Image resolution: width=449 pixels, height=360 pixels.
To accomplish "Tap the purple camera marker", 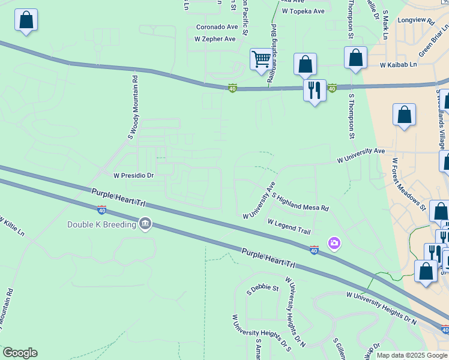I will [334, 243].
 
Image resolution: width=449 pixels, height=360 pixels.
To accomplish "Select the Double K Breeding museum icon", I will [145, 224].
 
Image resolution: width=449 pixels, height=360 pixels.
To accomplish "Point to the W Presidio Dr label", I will [134, 176].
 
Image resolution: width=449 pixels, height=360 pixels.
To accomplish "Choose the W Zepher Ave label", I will [215, 38].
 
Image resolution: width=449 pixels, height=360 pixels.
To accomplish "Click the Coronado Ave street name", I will [217, 27].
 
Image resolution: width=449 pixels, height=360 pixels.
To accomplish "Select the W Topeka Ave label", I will [303, 11].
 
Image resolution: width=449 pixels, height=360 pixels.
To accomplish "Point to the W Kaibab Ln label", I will [398, 64].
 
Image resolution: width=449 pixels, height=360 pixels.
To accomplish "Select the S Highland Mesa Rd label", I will [300, 202].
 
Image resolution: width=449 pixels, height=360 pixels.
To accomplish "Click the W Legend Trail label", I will [289, 226].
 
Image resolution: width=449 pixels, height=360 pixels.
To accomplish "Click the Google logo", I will [20, 353].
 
